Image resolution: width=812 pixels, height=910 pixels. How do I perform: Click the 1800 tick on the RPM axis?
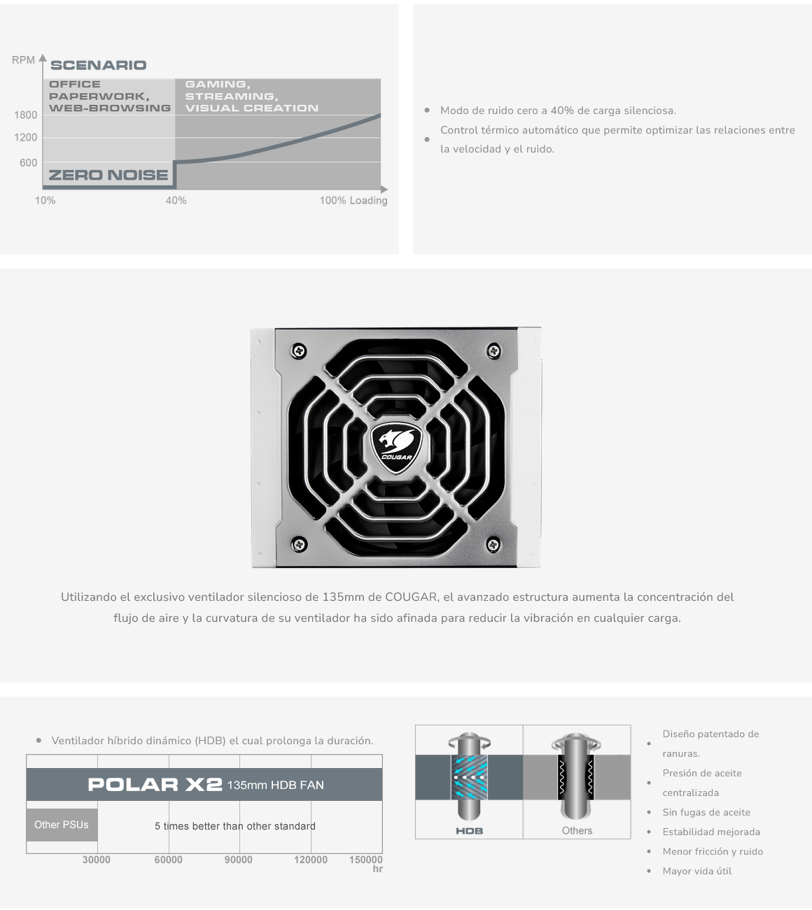26,115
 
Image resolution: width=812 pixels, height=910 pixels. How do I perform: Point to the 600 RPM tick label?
28,162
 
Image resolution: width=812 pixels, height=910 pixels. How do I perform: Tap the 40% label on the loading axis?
176,200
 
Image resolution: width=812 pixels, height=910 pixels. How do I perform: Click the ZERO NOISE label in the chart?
108,175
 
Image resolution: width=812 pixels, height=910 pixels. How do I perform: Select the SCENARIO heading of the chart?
99,65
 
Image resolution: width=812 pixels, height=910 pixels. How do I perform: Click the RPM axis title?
23,60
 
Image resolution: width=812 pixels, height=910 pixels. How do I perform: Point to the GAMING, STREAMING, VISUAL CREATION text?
251,96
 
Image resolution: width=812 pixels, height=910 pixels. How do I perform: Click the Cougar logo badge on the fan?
396,448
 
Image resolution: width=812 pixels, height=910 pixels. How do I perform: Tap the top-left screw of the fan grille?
299,350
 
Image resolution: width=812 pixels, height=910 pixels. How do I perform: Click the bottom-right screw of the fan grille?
493,544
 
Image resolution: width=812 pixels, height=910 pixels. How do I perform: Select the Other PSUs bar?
62,825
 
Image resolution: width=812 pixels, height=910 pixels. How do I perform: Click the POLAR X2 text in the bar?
155,785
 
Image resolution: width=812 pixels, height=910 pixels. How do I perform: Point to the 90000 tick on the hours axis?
238,860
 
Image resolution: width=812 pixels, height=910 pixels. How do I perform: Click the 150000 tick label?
365,860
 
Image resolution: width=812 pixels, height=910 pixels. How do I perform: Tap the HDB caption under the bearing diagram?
470,831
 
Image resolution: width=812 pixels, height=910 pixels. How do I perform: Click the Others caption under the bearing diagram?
577,830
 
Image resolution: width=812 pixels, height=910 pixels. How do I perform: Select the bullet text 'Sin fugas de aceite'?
706,812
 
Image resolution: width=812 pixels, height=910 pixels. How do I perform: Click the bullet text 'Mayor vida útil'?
697,871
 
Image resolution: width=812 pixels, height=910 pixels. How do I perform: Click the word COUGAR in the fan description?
411,597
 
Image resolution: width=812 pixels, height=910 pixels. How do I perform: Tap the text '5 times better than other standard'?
235,826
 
